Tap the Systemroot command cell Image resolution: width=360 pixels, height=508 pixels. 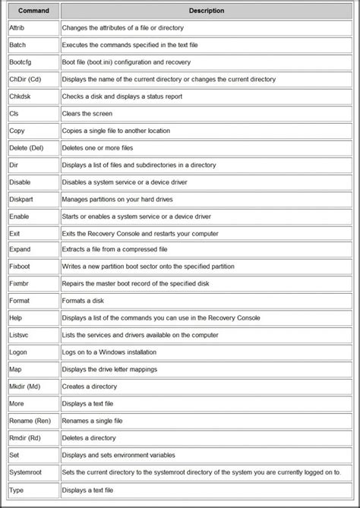[28, 473]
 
